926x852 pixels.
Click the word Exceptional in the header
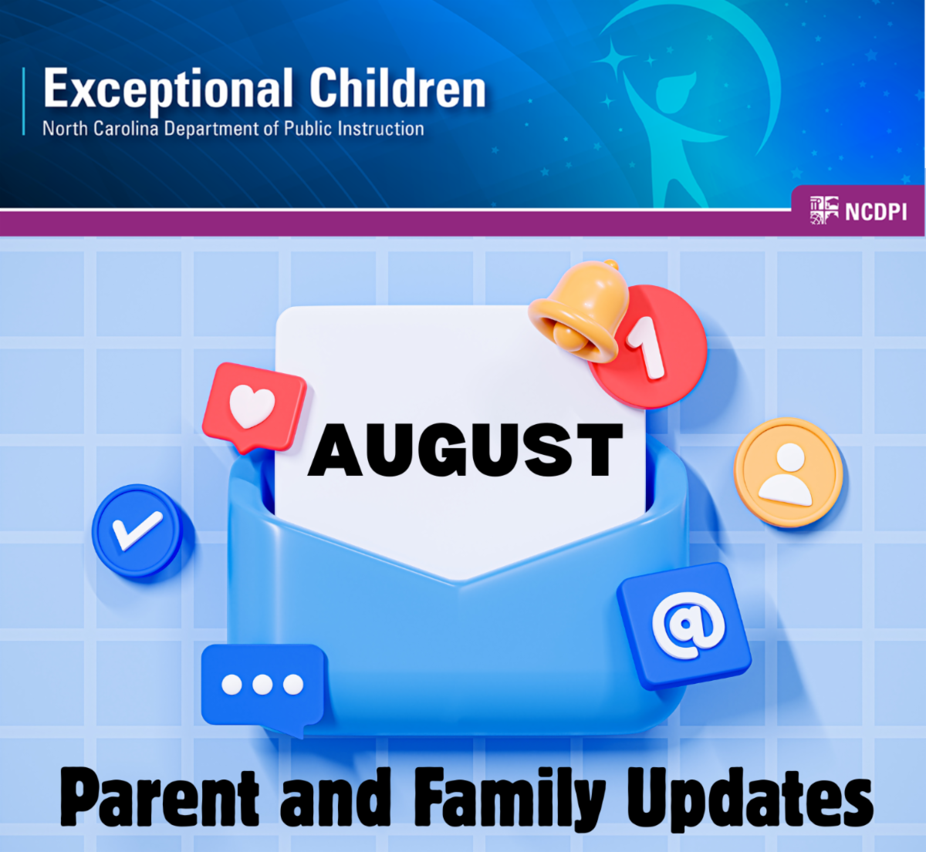tap(168, 89)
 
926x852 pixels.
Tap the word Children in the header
tap(398, 87)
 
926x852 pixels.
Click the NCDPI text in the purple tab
tap(876, 212)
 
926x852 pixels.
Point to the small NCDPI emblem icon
tap(824, 210)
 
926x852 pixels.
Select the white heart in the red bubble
tap(252, 406)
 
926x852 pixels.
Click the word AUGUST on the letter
tap(465, 450)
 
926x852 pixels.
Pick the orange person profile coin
tap(789, 472)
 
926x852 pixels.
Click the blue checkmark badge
tap(137, 530)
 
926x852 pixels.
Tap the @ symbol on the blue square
tap(688, 625)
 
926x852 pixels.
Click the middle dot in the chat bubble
tap(262, 685)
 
